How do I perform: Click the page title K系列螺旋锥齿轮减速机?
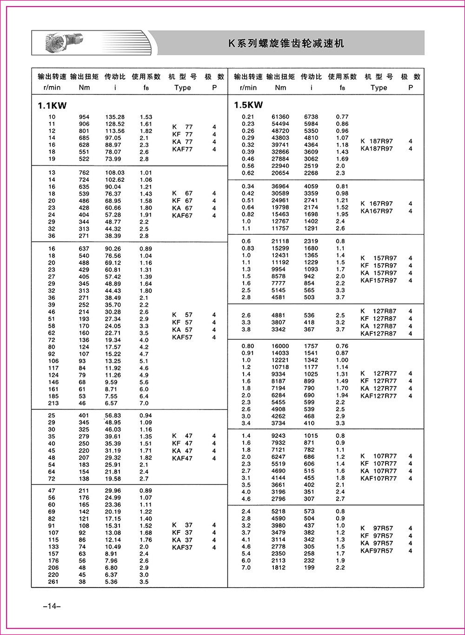pos(286,44)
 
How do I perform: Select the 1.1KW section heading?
pos(52,106)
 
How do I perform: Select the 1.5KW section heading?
pos(248,105)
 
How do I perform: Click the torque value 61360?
pos(280,117)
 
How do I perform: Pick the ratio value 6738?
pos(311,117)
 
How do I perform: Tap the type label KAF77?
pos(182,149)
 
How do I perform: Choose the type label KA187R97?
pos(377,149)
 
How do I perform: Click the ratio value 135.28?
pos(115,117)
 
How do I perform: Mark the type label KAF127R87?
pos(379,333)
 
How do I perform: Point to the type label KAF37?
pos(182,548)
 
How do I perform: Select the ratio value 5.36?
pos(112,582)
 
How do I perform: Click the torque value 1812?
pos(279,567)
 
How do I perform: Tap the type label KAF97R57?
pos(377,551)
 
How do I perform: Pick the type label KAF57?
pos(182,337)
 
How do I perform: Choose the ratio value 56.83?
pos(113,416)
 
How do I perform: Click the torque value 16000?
pos(280,346)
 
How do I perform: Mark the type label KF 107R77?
pos(379,463)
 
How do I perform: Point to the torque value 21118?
pos(280,241)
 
